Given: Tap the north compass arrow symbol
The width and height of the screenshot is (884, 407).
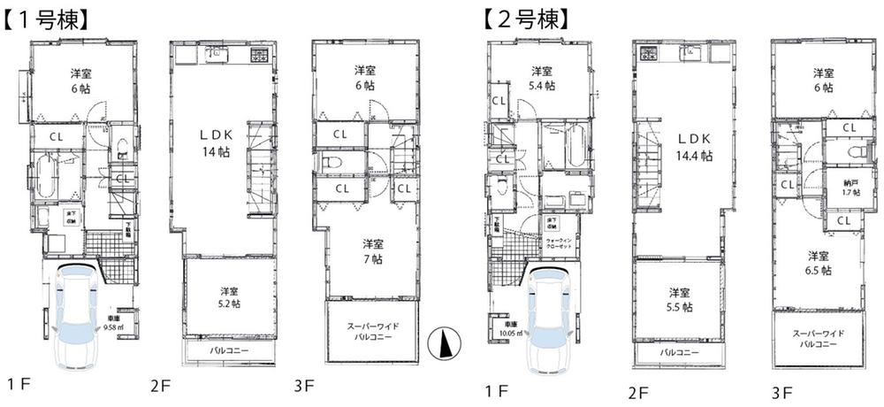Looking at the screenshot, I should [x=441, y=342].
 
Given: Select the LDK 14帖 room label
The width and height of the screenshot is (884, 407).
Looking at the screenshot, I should [x=215, y=142].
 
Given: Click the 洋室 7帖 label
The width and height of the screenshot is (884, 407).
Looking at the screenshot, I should [x=371, y=250].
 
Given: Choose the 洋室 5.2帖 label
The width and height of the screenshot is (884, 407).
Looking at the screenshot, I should [x=229, y=296].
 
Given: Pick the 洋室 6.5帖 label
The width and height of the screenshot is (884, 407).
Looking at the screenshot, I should [x=817, y=263].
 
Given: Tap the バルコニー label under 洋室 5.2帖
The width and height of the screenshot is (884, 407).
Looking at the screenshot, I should [x=229, y=351].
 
